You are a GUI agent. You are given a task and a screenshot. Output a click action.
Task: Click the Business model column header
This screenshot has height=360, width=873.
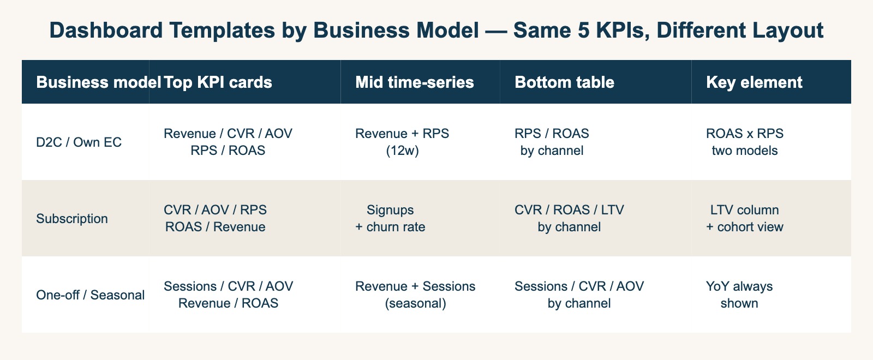tap(98, 82)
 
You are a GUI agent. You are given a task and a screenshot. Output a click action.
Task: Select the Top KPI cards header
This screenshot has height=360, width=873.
tap(218, 82)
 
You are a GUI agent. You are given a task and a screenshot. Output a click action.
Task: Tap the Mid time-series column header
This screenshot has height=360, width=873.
tap(414, 82)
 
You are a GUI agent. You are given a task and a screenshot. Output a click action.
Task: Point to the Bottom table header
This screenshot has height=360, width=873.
tap(564, 82)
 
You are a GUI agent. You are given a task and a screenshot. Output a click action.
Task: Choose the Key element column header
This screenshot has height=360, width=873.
tap(754, 82)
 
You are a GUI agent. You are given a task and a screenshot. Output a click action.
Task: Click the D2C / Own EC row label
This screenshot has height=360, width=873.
tap(79, 142)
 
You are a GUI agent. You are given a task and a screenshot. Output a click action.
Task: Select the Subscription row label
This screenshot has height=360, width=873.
tap(72, 219)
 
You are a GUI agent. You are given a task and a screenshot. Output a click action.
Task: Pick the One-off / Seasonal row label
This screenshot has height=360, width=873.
tap(90, 295)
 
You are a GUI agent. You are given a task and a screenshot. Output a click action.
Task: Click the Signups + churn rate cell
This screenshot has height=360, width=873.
tap(390, 218)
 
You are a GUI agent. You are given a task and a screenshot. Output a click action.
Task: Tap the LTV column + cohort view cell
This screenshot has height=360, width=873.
tap(745, 218)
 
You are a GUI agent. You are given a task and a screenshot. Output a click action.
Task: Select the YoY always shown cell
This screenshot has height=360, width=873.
tap(739, 295)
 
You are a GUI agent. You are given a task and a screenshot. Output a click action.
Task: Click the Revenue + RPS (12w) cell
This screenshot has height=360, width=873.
tap(402, 142)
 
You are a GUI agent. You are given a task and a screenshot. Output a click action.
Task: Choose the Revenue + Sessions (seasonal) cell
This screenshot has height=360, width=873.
tap(415, 295)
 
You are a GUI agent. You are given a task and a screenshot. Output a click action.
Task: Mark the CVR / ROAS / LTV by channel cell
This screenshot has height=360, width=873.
tap(569, 218)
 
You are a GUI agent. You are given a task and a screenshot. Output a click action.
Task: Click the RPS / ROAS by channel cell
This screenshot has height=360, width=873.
tap(552, 142)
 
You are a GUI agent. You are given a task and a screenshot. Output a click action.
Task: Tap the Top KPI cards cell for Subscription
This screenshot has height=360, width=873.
tap(216, 218)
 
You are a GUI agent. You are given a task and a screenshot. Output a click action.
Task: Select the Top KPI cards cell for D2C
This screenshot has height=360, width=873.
tap(228, 142)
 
